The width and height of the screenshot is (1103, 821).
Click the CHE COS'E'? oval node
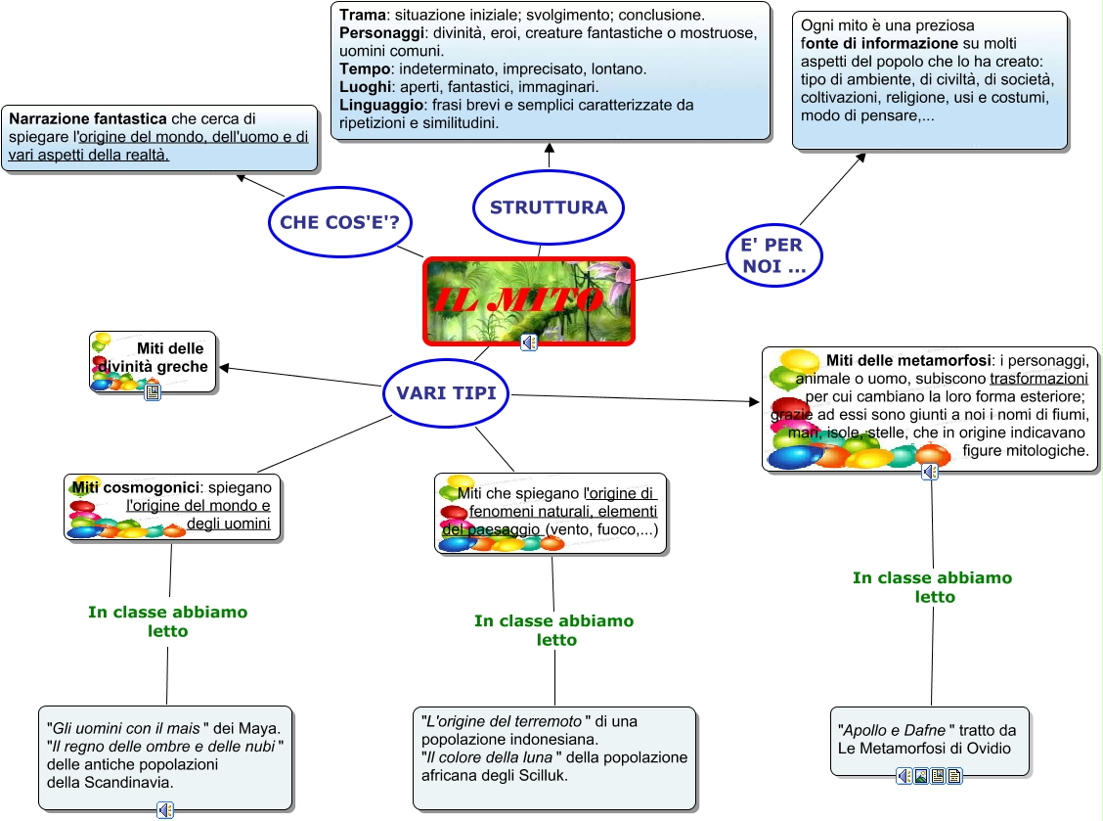[339, 222]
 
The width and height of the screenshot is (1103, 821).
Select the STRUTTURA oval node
[549, 207]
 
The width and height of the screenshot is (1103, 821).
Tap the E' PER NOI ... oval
[772, 254]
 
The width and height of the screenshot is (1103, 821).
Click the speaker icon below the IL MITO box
[529, 342]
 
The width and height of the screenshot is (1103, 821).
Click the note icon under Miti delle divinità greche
[153, 392]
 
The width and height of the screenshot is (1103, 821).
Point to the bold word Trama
[363, 16]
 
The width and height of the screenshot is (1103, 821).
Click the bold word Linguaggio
[381, 105]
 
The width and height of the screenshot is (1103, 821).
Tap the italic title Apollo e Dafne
[895, 730]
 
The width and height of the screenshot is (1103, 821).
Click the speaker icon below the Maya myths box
[165, 809]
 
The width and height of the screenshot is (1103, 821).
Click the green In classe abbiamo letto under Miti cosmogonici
[167, 621]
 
